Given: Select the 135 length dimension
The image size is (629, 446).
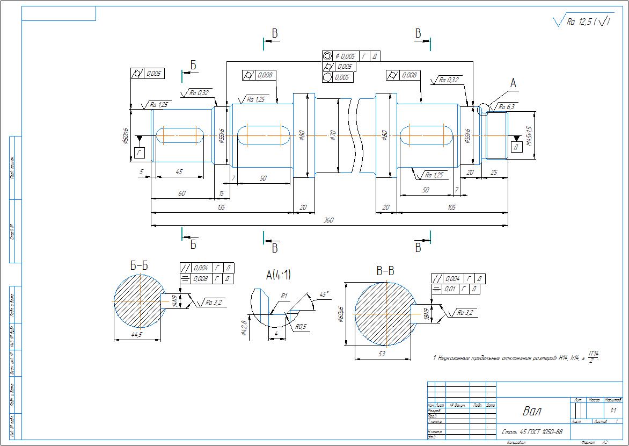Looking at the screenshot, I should [x=222, y=207].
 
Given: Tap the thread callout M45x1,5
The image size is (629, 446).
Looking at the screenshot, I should [x=529, y=135].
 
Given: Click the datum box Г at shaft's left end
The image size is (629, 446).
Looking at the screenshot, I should [x=140, y=154].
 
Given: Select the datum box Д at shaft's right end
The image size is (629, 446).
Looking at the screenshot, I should [x=516, y=147].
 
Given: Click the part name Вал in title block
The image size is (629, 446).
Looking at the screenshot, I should [x=532, y=412].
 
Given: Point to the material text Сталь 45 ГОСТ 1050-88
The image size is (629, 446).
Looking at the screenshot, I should [x=532, y=432].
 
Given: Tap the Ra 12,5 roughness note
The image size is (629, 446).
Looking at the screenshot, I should [x=582, y=22].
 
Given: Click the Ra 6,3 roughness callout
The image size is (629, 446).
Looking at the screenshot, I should [x=506, y=107].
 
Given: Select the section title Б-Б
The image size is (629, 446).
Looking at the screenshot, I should [x=138, y=265].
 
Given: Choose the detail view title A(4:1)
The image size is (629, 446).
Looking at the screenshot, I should [x=278, y=275].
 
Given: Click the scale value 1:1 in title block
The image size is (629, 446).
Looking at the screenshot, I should [x=613, y=411].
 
